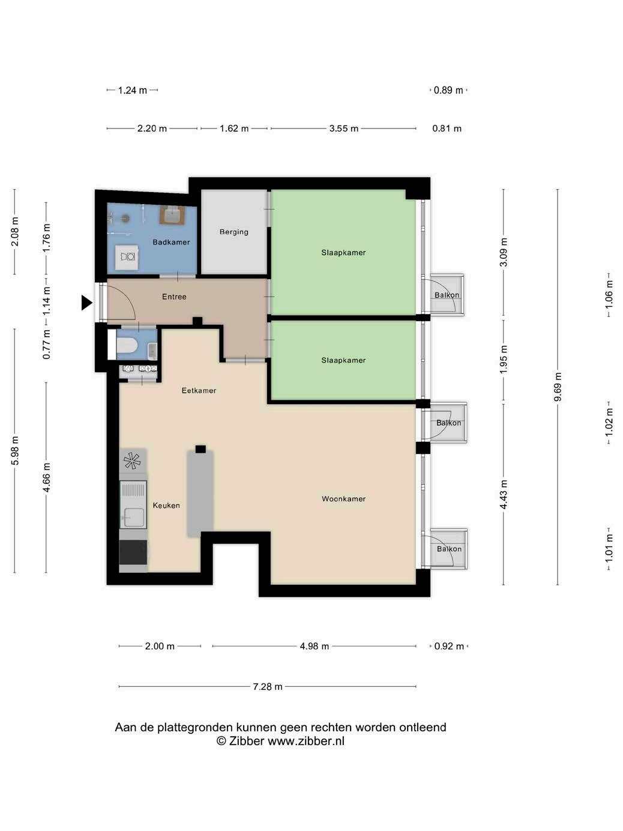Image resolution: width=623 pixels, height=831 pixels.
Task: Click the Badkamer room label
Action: pyautogui.click(x=171, y=243)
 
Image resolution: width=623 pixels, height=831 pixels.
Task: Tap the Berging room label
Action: pyautogui.click(x=233, y=232)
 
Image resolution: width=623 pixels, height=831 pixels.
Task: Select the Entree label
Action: pyautogui.click(x=174, y=297)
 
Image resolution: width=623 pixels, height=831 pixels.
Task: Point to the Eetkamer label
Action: pyautogui.click(x=199, y=390)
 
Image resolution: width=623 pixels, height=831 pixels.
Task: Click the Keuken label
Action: pyautogui.click(x=166, y=506)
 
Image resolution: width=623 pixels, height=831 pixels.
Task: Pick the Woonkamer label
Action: pyautogui.click(x=343, y=499)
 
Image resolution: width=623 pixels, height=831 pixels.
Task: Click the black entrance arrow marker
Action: pyautogui.click(x=86, y=303)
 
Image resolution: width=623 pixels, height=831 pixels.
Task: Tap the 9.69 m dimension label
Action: pyautogui.click(x=558, y=387)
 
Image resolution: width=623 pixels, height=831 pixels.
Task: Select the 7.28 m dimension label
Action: pyautogui.click(x=268, y=687)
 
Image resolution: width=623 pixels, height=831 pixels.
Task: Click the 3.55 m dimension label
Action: pyautogui.click(x=343, y=128)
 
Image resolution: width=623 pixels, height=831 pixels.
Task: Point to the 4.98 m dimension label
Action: pyautogui.click(x=314, y=646)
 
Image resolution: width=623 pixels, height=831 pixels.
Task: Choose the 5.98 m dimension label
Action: pyautogui.click(x=15, y=450)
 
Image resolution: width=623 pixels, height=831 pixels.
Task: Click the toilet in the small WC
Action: pyautogui.click(x=126, y=345)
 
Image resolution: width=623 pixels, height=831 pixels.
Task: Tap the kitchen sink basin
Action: pyautogui.click(x=133, y=517)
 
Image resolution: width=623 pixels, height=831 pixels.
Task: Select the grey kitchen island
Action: pyautogui.click(x=200, y=493)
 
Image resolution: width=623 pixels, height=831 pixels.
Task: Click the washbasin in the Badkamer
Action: pyautogui.click(x=173, y=216)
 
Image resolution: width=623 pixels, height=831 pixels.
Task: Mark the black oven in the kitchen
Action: pyautogui.click(x=133, y=552)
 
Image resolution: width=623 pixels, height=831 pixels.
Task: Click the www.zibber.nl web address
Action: pyautogui.click(x=306, y=741)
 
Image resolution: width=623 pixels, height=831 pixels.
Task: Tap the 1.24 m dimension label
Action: pyautogui.click(x=132, y=90)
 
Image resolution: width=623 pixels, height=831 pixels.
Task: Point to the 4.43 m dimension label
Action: pyautogui.click(x=504, y=494)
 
